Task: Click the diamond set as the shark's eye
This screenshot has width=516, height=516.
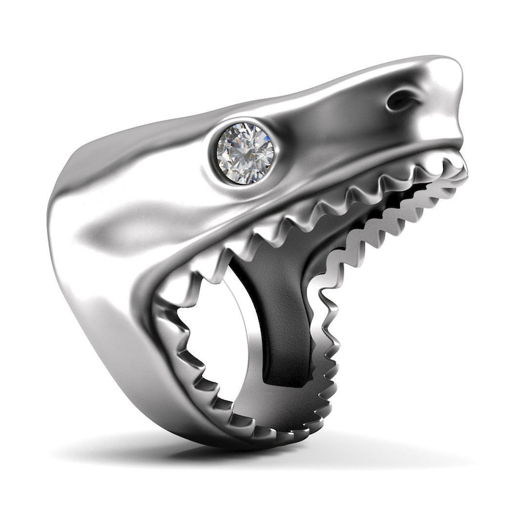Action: pos(244,153)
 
